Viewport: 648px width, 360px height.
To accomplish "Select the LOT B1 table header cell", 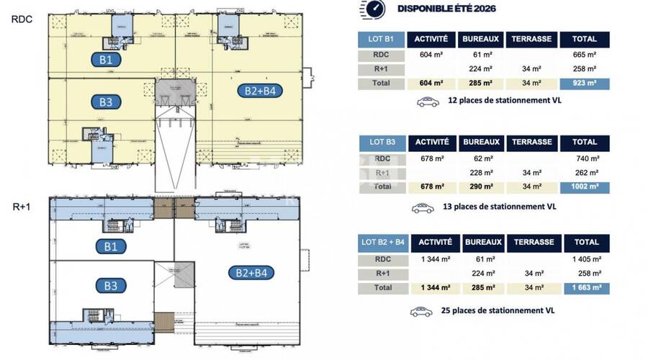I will [379, 40].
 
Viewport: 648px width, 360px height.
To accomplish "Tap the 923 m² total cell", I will [585, 83].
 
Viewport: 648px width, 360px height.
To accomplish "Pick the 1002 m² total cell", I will [585, 186].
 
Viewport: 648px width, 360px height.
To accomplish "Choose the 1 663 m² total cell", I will [585, 288].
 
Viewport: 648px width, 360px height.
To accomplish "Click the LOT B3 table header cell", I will [379, 143].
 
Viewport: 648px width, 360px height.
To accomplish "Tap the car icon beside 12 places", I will [428, 102].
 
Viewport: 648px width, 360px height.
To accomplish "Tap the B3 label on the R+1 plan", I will [111, 285].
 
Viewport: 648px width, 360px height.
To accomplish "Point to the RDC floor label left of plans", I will [20, 19].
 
